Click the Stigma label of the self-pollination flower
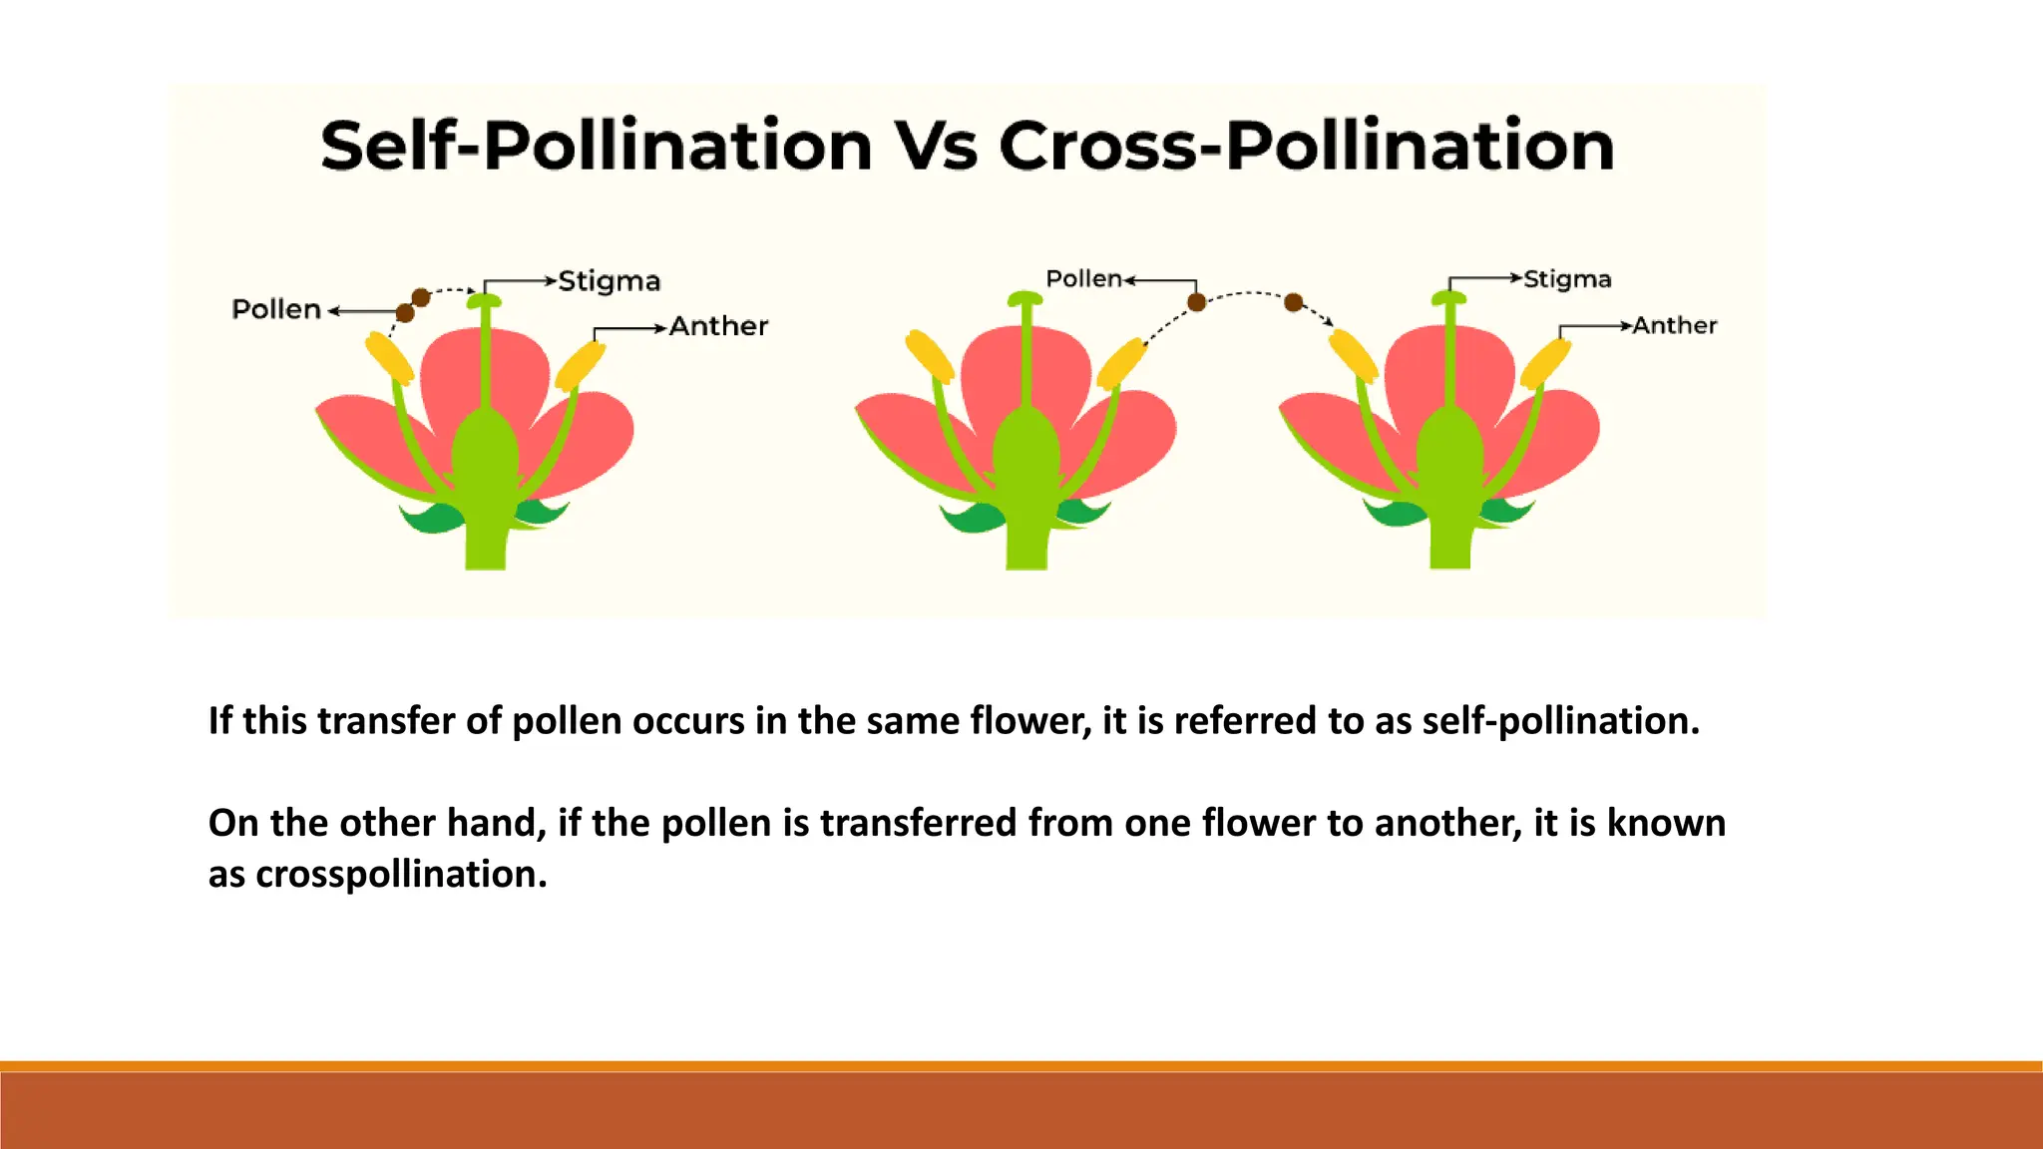pos(609,281)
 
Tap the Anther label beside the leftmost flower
pos(718,326)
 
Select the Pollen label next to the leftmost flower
pos(276,309)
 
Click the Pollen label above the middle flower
pos(1083,278)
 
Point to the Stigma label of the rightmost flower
pos(1567,279)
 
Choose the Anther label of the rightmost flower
pos(1674,325)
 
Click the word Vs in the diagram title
pos(935,146)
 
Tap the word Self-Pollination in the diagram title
pos(597,146)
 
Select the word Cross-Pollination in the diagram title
pos(1306,146)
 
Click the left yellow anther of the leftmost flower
pos(388,357)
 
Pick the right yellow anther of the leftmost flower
pos(581,365)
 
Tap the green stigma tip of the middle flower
pos(1024,298)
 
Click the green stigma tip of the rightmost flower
pos(1449,297)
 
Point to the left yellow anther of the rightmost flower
pos(1354,354)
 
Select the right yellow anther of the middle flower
pos(1122,363)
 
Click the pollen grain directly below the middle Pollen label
pos(1196,302)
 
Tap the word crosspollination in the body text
pos(401,874)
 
